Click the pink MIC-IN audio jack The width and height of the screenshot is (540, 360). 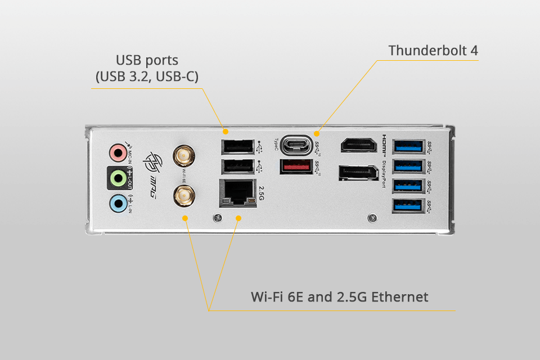point(117,152)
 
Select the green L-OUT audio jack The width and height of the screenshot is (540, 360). point(118,178)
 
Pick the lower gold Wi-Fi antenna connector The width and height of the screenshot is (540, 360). point(182,195)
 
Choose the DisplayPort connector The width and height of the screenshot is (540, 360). point(358,173)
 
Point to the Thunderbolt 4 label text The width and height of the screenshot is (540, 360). point(433,50)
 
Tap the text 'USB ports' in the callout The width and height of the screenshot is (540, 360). point(146,60)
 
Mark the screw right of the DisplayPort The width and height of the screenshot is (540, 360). point(371,217)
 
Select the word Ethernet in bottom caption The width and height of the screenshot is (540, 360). point(398,296)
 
